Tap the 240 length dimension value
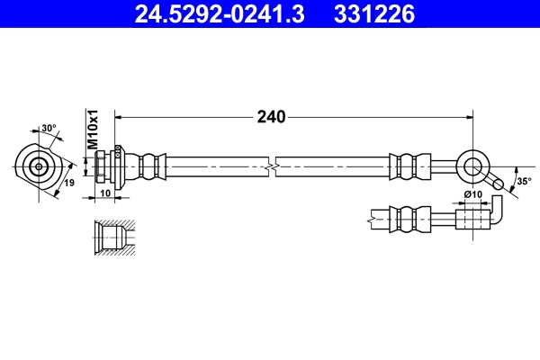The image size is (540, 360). [x=271, y=117]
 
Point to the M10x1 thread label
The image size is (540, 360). [x=92, y=130]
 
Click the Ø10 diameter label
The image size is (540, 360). [x=472, y=194]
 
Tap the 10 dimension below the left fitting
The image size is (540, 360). [x=104, y=193]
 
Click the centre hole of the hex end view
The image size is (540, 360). [x=39, y=166]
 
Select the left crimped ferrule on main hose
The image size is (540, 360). [x=150, y=166]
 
